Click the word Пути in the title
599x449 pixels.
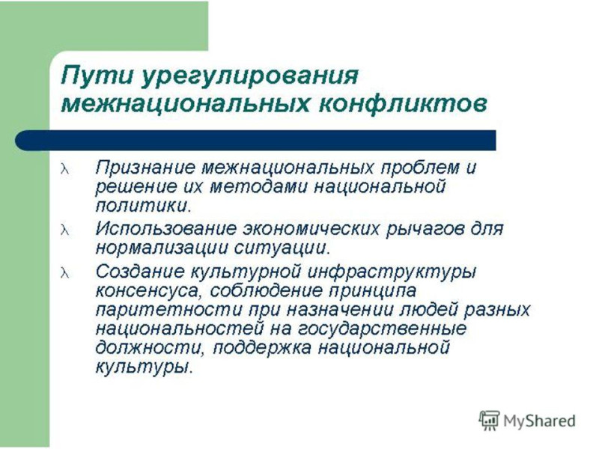[98, 76]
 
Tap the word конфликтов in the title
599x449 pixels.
[403, 103]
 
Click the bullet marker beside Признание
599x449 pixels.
[65, 169]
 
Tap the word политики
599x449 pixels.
[142, 207]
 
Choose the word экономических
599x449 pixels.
[311, 229]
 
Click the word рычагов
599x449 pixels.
[425, 230]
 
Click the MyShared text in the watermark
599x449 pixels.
[539, 421]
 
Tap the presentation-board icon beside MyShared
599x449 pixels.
[489, 421]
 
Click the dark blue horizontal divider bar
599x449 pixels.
[255, 140]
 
